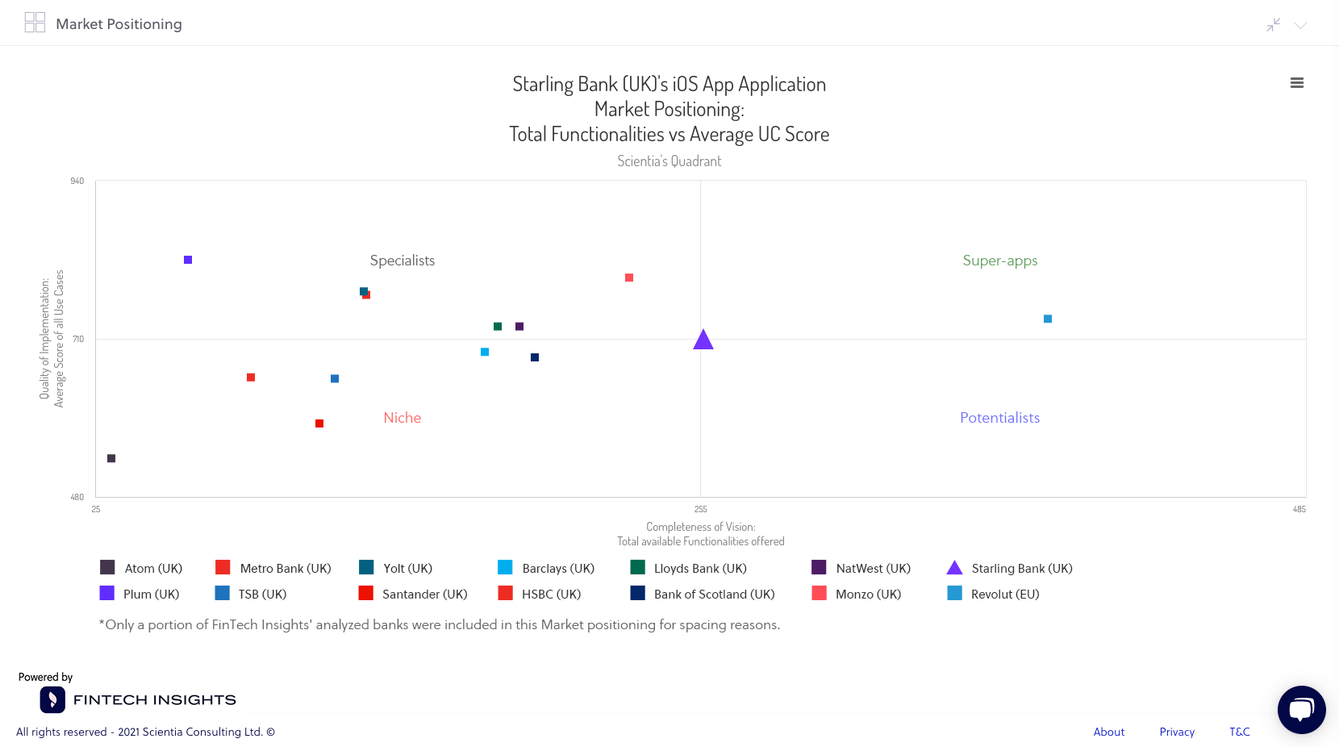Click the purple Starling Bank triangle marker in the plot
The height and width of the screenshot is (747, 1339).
point(703,340)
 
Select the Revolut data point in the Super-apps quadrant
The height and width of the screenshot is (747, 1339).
point(1048,319)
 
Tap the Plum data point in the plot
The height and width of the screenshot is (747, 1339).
point(188,260)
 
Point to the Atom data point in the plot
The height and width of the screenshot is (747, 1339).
point(111,458)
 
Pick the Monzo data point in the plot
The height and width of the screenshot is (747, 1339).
point(629,278)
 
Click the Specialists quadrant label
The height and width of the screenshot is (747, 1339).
point(402,261)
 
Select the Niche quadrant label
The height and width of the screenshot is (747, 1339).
point(402,418)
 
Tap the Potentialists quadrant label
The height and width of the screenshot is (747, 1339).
point(999,418)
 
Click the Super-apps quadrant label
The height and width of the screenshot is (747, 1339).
point(999,261)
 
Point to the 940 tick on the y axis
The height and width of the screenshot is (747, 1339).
point(77,182)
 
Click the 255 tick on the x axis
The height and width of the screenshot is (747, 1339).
point(700,510)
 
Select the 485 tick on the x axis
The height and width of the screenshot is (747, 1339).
point(1299,510)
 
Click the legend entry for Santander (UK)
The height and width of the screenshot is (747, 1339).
point(413,594)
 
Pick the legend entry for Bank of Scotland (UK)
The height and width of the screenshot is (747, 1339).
point(703,594)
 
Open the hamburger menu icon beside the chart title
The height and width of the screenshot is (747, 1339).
point(1297,83)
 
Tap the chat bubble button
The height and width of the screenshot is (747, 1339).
point(1301,710)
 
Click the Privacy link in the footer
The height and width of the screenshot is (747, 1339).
point(1177,732)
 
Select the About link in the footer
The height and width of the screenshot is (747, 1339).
point(1108,732)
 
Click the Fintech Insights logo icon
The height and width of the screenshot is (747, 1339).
point(52,699)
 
